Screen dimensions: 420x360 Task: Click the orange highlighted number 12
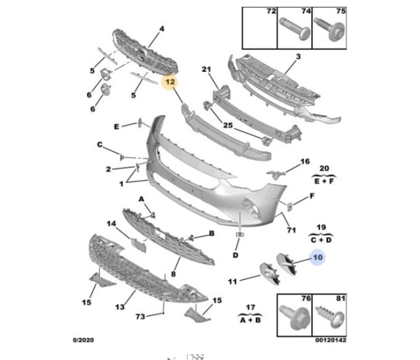point(170,82)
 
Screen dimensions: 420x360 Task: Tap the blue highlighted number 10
point(317,258)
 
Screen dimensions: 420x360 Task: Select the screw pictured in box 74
point(295,29)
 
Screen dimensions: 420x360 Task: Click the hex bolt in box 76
point(295,318)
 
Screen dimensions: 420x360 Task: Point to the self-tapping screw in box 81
point(331,317)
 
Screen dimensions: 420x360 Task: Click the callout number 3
point(298,56)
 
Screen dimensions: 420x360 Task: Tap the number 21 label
point(206,70)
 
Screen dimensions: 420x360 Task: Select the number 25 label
point(228,125)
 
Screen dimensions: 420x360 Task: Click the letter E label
point(116,127)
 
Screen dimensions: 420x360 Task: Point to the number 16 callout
point(305,161)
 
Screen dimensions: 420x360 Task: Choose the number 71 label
point(291,230)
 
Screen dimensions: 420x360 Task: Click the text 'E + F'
point(324,181)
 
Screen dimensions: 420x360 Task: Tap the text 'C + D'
point(321,240)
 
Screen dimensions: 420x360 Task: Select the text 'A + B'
point(250,320)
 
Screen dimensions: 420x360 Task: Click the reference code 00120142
point(331,340)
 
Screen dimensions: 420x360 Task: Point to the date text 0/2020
point(83,340)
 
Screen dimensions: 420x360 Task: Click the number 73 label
point(140,317)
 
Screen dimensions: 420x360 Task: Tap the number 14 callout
point(111,223)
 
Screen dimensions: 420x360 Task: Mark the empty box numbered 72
point(260,28)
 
